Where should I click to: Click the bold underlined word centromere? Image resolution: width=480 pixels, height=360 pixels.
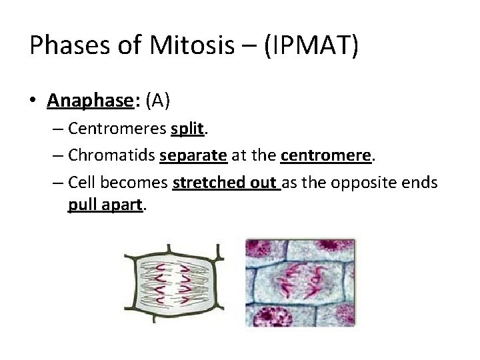click(x=325, y=156)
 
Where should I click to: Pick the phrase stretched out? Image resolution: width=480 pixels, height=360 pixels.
click(x=226, y=182)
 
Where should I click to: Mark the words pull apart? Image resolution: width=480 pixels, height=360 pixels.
click(x=105, y=206)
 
